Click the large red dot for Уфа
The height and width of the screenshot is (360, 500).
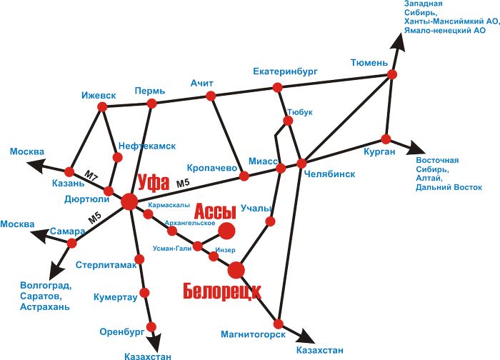[x=129, y=201]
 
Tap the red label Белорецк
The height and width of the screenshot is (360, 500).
[x=222, y=291]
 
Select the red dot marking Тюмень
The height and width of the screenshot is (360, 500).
[x=392, y=74]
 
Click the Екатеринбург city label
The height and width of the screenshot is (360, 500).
[x=285, y=71]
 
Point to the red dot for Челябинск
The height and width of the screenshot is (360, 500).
[x=301, y=164]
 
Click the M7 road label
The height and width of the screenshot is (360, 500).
[x=91, y=176]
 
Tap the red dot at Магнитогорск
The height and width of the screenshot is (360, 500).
[x=279, y=324]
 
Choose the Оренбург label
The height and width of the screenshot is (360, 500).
[x=122, y=332]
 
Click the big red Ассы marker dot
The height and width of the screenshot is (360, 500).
[x=226, y=231]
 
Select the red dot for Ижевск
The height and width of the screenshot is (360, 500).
[x=102, y=107]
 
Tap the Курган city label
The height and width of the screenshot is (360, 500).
[x=379, y=151]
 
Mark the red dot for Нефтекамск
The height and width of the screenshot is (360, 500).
[x=117, y=157]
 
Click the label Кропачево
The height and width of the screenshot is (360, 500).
[x=211, y=168]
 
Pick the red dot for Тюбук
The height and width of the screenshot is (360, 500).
[x=288, y=121]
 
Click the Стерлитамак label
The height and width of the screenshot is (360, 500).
[x=106, y=265]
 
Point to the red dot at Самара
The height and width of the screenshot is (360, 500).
[x=71, y=244]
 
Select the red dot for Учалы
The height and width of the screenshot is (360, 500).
[x=270, y=221]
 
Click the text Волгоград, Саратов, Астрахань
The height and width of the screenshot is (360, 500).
[x=46, y=296]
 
